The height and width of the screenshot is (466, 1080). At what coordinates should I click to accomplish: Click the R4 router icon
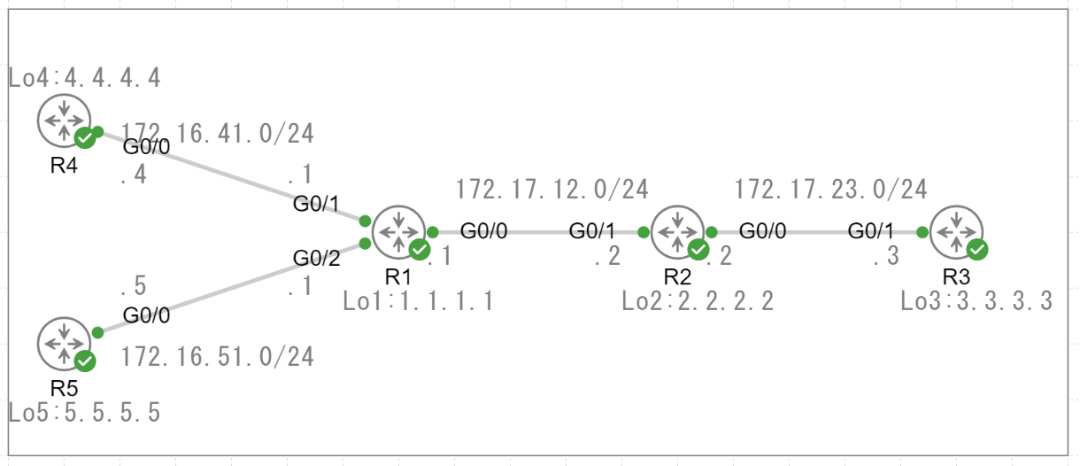(x=64, y=120)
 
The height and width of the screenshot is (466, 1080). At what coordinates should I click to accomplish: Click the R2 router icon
(x=677, y=232)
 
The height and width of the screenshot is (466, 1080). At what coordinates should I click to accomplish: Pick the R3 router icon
(x=957, y=232)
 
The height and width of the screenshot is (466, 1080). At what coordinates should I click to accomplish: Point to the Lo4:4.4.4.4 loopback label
(x=85, y=78)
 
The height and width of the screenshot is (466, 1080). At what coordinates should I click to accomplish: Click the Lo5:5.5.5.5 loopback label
(x=85, y=412)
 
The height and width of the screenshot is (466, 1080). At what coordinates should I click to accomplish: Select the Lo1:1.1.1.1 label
(x=418, y=301)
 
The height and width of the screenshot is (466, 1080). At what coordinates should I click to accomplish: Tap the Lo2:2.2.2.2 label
(x=698, y=301)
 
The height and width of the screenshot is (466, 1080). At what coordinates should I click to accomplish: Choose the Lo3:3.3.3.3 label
(x=976, y=301)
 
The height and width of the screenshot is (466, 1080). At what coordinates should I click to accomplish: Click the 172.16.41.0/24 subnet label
(x=218, y=134)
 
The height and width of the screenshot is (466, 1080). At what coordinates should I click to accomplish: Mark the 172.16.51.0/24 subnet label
(x=218, y=357)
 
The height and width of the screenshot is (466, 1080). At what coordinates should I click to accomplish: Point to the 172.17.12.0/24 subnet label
(x=552, y=189)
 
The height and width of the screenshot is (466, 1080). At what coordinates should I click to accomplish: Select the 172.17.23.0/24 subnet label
(x=831, y=189)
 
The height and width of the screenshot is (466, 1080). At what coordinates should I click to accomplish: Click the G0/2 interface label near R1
(x=317, y=258)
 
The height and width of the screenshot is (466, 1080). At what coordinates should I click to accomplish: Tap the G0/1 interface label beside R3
(x=870, y=231)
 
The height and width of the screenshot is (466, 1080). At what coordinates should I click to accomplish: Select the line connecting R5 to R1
(x=230, y=287)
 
